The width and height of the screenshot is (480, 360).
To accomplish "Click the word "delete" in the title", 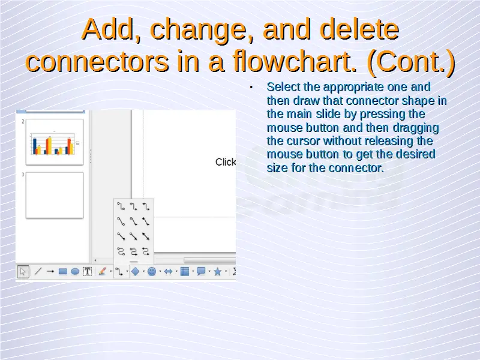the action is coord(359,29).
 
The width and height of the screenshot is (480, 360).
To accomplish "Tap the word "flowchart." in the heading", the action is coord(295,61).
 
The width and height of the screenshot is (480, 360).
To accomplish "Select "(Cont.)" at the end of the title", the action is coord(411,62).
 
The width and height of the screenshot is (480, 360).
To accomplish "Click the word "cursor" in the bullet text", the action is coord(304,141).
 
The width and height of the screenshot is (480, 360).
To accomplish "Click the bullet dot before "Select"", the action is coord(251,88).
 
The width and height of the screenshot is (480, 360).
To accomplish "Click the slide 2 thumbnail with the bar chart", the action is coord(55,142).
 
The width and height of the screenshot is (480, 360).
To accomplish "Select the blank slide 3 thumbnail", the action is coord(55,196).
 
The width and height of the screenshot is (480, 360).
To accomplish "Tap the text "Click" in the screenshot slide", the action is coord(226,162).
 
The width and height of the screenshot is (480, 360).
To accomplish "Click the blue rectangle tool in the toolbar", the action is coord(63,271).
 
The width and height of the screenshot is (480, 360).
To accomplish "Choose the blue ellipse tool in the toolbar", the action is coord(75,271).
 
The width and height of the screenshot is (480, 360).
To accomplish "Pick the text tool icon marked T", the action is coord(88,271).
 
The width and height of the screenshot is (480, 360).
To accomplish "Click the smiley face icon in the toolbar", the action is coord(152,271).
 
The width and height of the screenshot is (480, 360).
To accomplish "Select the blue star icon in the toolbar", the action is coord(217,272).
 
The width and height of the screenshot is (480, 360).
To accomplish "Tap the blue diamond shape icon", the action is coord(136,271).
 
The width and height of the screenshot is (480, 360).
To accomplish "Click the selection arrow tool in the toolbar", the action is coord(23,272).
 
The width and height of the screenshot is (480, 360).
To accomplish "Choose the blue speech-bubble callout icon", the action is coord(201,271).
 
